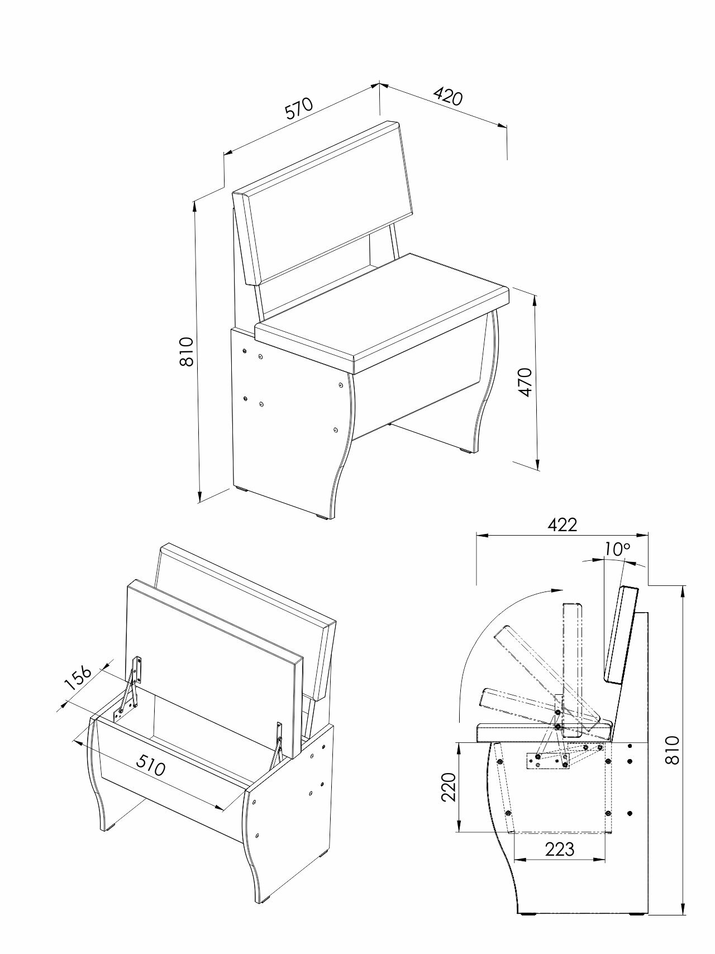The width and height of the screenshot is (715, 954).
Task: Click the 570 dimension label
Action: point(301,109)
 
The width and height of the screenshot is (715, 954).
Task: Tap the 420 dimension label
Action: point(449,97)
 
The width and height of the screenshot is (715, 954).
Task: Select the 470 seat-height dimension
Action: point(525,383)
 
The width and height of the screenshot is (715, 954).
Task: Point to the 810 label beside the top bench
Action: point(186,351)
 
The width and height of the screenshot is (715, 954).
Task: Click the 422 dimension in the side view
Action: point(562,524)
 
